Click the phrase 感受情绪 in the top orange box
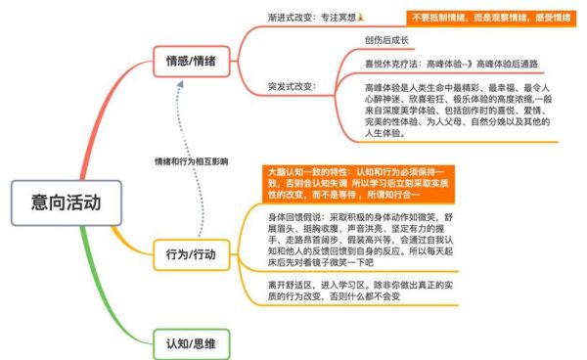(552, 18)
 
